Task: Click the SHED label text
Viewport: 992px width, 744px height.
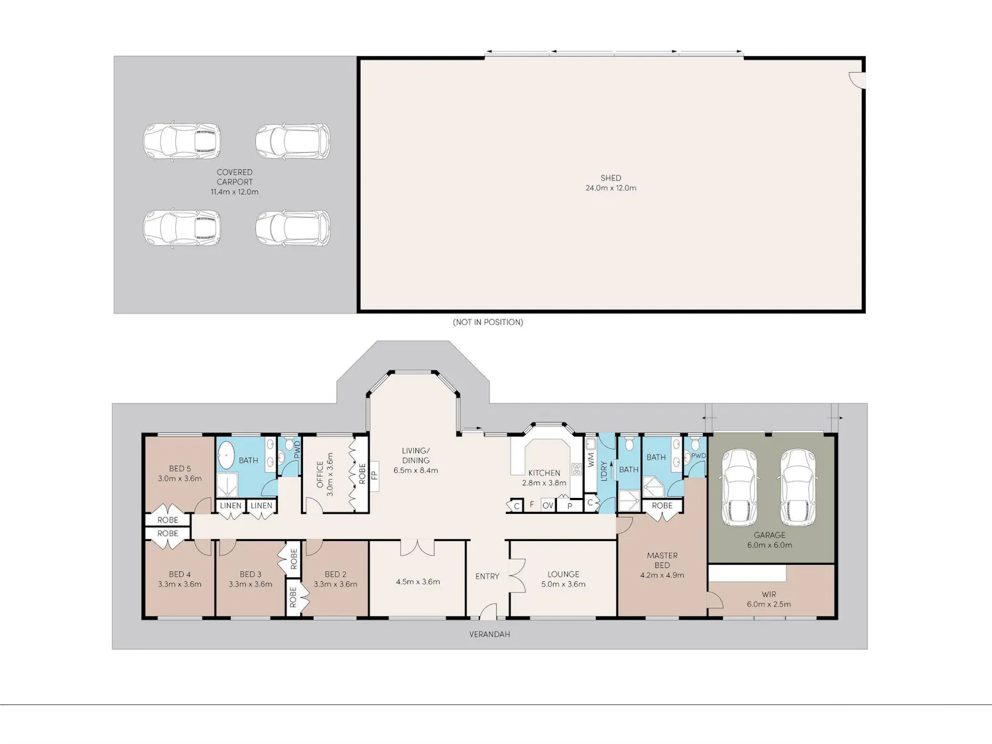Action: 610,178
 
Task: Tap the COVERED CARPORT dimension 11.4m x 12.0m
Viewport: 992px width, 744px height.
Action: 235,192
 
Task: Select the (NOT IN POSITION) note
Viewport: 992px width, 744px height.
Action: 488,322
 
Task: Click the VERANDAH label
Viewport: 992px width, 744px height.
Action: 489,634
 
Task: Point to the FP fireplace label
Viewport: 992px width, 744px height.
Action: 374,475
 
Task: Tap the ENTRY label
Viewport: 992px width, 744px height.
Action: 487,577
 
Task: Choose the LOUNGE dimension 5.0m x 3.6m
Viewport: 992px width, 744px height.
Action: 563,584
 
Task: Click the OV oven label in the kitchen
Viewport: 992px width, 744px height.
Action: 548,505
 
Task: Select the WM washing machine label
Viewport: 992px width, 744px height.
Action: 591,460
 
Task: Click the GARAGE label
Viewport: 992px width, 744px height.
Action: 769,535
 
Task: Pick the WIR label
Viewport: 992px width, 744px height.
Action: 768,595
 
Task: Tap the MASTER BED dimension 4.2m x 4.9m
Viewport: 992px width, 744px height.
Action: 662,575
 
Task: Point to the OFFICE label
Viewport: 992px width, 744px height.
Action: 320,474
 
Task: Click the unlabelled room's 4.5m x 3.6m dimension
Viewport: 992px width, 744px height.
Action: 418,581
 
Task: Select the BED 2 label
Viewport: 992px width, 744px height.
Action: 335,574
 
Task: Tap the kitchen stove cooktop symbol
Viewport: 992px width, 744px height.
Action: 576,469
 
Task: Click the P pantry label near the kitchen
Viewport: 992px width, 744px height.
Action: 569,506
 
